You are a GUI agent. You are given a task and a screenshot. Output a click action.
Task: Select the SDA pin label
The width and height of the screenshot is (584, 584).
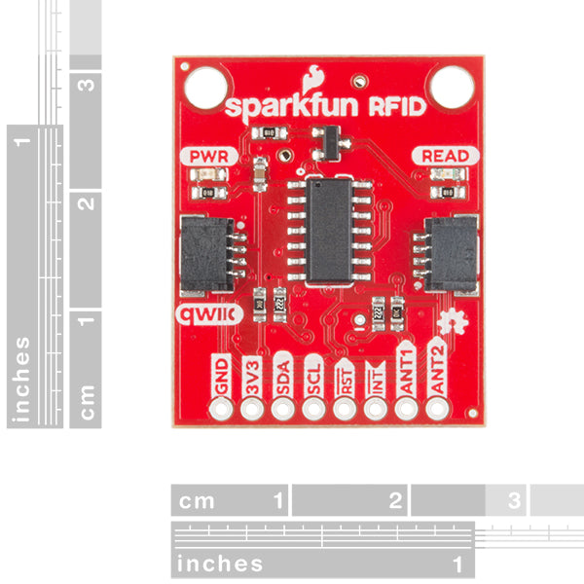pos(282,376)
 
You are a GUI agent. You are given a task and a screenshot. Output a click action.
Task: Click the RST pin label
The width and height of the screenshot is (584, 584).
pos(345,376)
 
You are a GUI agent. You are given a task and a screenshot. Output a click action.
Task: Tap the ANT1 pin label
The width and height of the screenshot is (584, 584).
pos(406,373)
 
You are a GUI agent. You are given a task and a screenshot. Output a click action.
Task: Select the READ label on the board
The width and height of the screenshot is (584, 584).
pos(444,156)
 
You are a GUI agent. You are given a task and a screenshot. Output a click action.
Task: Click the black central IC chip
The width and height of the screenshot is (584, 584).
pos(330,230)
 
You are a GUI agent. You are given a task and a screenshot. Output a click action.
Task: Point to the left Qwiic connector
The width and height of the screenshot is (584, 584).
pos(208,253)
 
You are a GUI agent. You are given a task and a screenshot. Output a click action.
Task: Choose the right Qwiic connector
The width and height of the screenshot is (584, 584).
pos(451,253)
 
